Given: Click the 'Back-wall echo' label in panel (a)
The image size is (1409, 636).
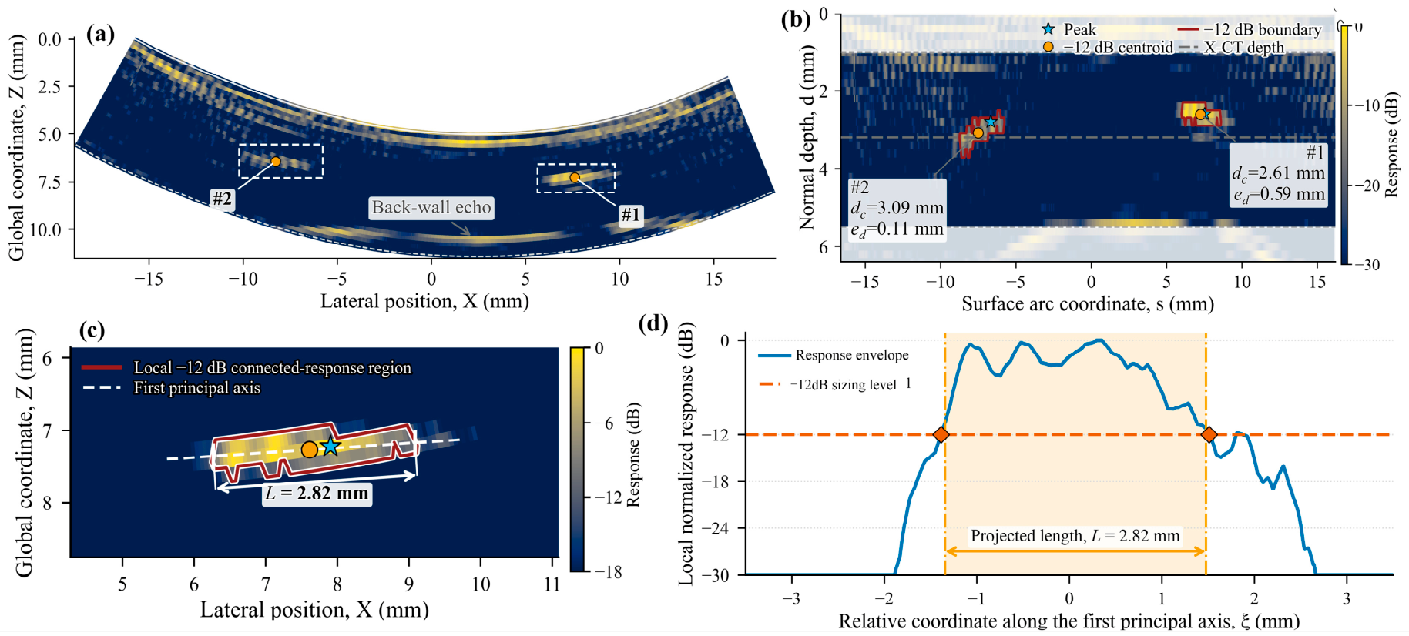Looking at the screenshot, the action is (431, 207).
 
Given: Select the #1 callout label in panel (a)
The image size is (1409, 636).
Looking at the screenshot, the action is (631, 215).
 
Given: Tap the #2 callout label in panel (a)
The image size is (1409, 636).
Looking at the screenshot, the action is (222, 199).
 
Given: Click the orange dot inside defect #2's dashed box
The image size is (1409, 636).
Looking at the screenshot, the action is (275, 161).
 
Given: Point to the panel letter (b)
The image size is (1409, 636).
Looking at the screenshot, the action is (796, 20).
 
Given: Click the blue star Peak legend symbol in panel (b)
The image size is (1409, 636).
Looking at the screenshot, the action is (1048, 29).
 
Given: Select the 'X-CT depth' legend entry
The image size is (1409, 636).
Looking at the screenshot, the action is (1232, 47).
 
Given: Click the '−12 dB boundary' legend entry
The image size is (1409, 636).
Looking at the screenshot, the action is (1250, 29).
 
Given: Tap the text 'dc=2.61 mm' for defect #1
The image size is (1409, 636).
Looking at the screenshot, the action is (1278, 173).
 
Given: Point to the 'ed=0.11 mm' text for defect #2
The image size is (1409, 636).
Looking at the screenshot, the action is (897, 229).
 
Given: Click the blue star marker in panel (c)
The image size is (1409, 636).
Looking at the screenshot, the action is (330, 446).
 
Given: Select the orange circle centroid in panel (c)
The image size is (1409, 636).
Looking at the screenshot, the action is (309, 449).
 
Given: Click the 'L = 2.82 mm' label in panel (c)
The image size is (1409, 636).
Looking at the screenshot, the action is (317, 493).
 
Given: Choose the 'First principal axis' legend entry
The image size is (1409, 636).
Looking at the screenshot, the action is (171, 387).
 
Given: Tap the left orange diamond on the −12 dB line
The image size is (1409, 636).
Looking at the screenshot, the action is (941, 435).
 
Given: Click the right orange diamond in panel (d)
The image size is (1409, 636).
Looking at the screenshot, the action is (1209, 435).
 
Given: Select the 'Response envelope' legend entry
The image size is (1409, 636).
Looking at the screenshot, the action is (834, 355).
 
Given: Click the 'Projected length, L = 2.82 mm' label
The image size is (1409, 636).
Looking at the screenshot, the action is (1075, 536).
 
